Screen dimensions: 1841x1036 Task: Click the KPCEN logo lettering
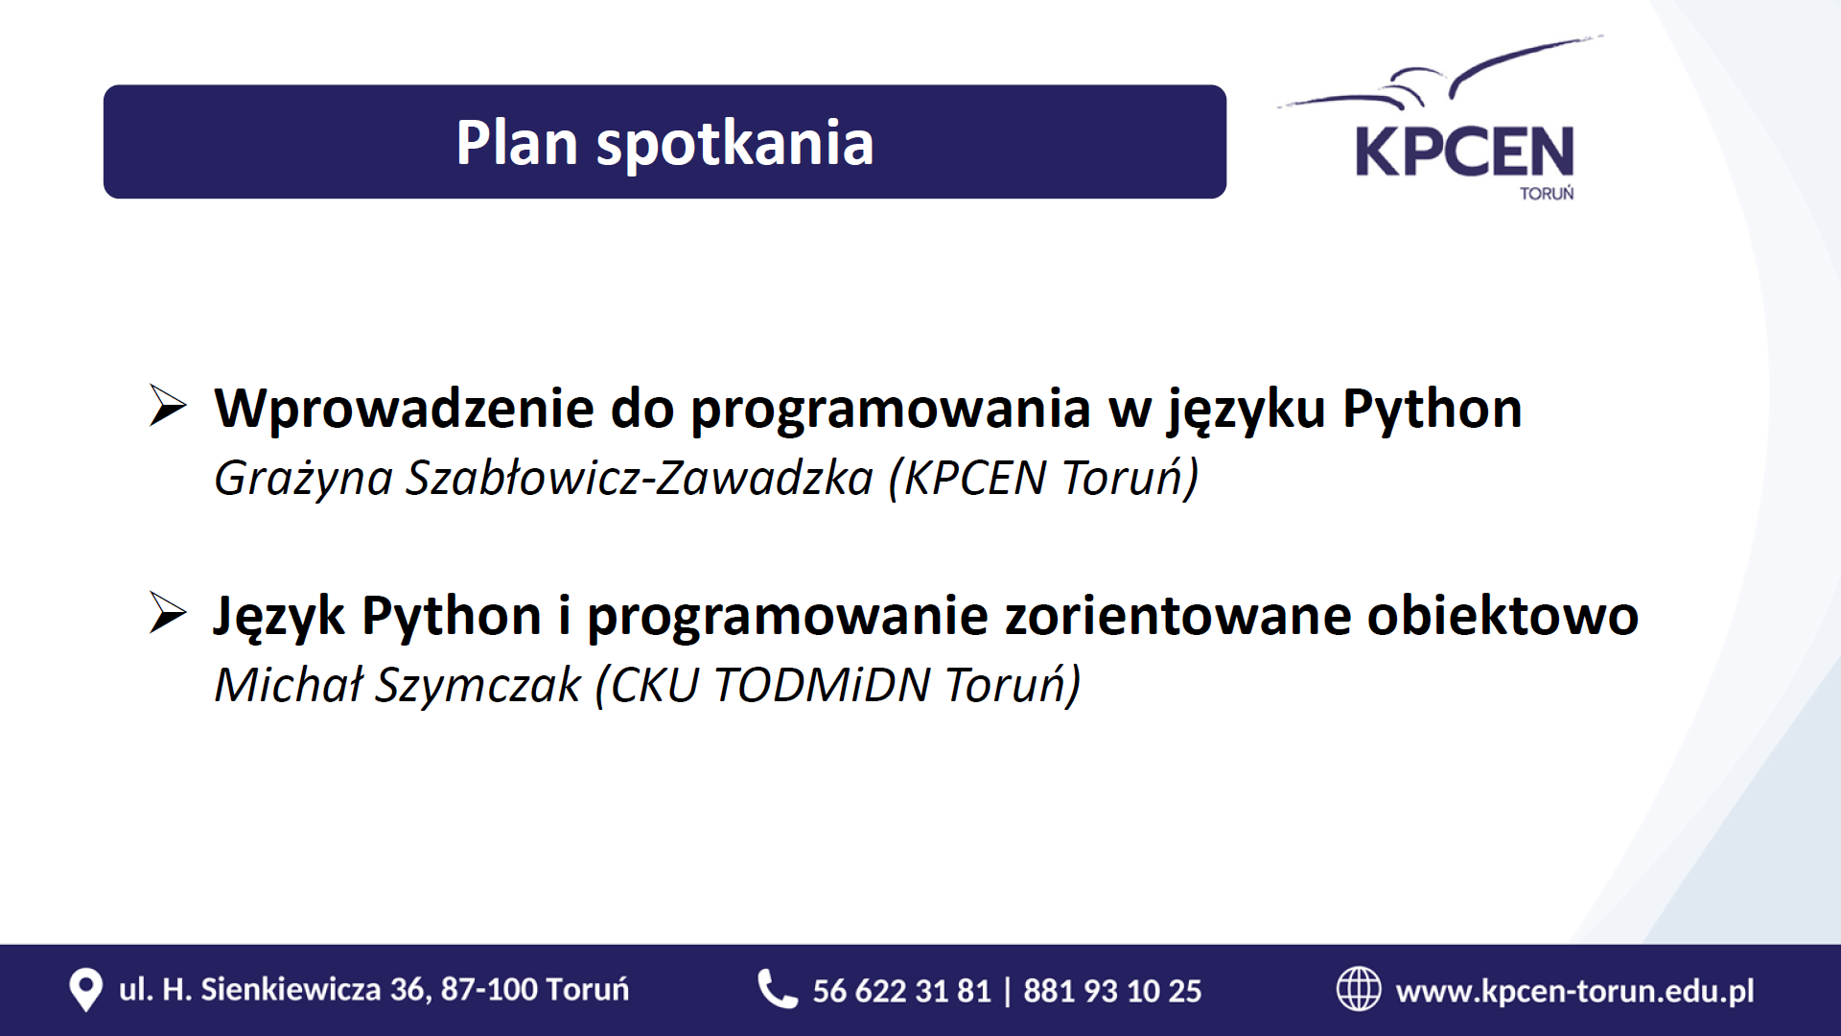click(1464, 152)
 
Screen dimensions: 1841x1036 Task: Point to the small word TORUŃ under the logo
click(1547, 193)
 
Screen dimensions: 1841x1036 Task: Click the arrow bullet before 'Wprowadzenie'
click(168, 406)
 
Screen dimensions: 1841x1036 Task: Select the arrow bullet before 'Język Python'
click(168, 613)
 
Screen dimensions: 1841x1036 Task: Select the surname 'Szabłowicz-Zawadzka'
click(640, 478)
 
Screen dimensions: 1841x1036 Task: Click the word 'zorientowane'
click(1177, 616)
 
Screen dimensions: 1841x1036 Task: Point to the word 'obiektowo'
click(1503, 615)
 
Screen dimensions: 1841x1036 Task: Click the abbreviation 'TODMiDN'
click(822, 685)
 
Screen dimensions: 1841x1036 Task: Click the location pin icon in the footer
click(85, 990)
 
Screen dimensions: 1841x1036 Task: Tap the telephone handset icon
click(778, 989)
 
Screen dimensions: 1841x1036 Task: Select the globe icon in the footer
click(1359, 989)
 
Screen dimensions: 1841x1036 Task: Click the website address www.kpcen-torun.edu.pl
click(1574, 991)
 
